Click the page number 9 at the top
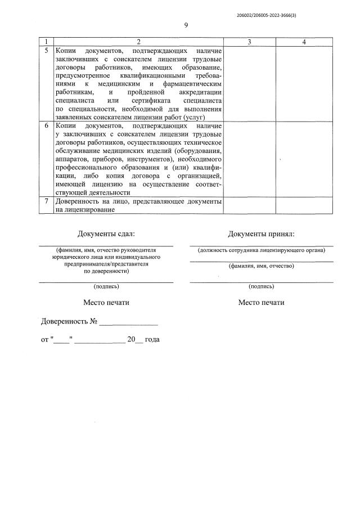pyautogui.click(x=186, y=25)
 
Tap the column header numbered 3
pyautogui.click(x=249, y=42)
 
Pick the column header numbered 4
pyautogui.click(x=304, y=42)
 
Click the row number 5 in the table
pyautogui.click(x=47, y=51)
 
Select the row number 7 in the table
pyautogui.click(x=47, y=201)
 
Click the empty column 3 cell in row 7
pyautogui.click(x=249, y=205)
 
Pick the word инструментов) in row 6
pyautogui.click(x=142, y=159)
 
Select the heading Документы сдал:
pyautogui.click(x=106, y=234)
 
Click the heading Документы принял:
pyautogui.click(x=261, y=234)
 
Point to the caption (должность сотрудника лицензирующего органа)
pyautogui.click(x=261, y=250)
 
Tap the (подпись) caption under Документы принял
pyautogui.click(x=261, y=286)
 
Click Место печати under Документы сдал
pyautogui.click(x=106, y=302)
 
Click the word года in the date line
pyautogui.click(x=152, y=340)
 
